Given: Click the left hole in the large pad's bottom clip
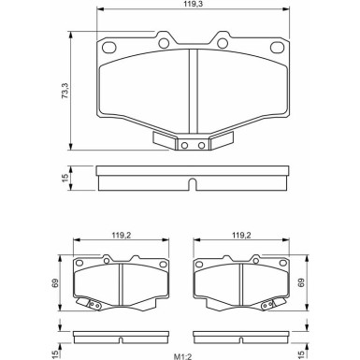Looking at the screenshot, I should tap(183, 144).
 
